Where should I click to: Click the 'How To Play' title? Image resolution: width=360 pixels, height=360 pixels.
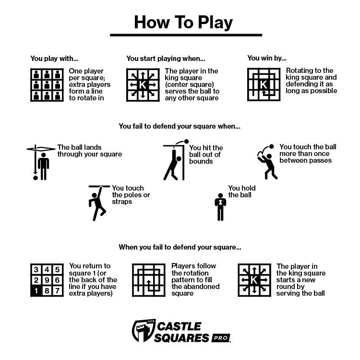183,22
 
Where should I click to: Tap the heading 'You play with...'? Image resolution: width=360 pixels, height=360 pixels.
54,59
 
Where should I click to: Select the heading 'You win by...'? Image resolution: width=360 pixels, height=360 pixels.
267,58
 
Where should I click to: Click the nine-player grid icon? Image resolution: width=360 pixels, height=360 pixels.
47,85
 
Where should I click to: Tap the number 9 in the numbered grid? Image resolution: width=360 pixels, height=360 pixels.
47,280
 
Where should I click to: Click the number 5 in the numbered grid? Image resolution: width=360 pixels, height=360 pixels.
57,270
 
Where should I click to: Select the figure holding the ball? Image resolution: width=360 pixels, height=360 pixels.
220,206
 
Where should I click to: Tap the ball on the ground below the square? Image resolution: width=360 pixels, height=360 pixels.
35,178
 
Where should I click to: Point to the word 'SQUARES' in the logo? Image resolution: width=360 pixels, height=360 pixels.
182,338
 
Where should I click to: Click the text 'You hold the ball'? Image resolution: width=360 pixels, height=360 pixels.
241,192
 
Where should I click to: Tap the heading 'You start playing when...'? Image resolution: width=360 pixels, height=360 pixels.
166,59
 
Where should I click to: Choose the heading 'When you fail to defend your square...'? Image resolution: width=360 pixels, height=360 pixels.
180,248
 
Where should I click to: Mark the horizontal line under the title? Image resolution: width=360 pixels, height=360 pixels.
186,35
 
